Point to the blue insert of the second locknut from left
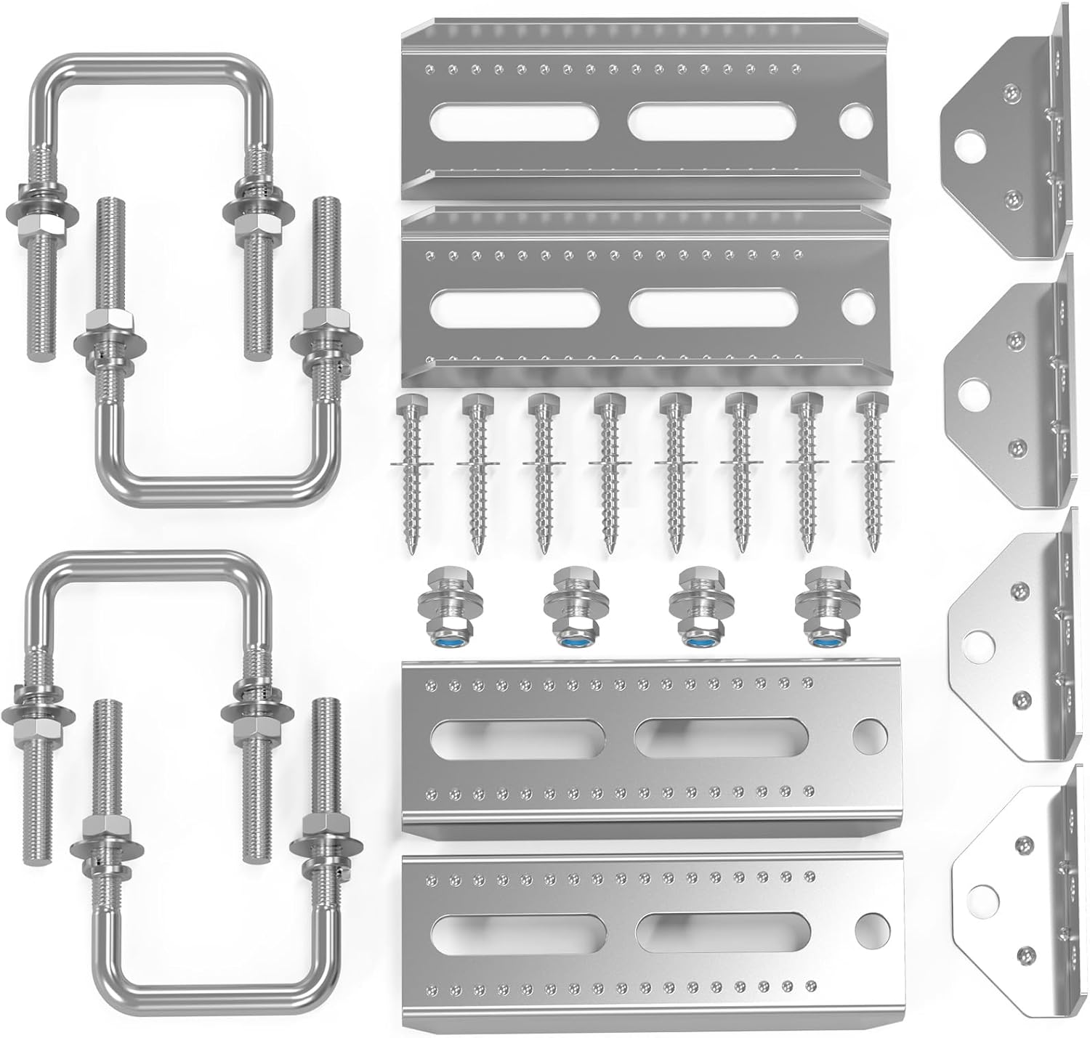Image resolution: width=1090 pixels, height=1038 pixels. coord(568,642)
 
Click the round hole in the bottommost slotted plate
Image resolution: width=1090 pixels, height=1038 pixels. coord(869,925)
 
